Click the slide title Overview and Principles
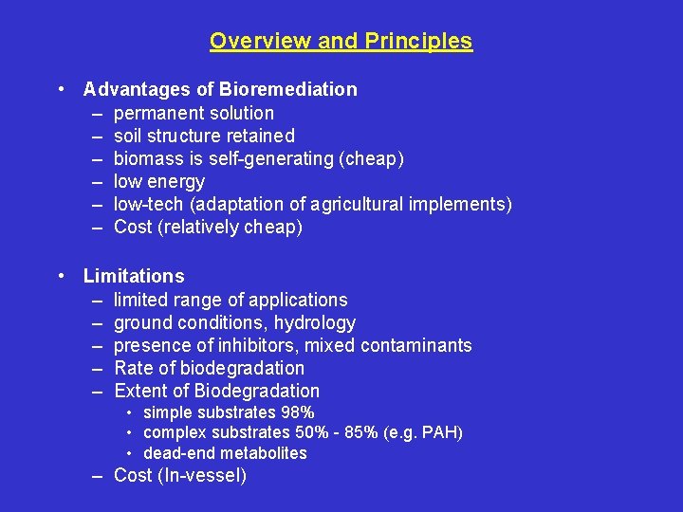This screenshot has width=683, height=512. [341, 42]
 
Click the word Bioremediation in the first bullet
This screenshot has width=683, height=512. [288, 90]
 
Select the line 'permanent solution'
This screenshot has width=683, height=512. [194, 113]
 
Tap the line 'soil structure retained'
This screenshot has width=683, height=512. [204, 136]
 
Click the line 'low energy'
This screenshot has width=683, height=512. [158, 181]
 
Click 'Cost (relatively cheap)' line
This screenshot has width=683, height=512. [208, 227]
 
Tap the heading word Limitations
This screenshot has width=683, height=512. [134, 277]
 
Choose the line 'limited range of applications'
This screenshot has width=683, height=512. [231, 300]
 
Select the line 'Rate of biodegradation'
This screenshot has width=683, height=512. [209, 368]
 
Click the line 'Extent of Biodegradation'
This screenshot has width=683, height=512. [216, 391]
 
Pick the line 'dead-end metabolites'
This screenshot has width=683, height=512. [225, 453]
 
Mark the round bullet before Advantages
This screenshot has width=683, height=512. [61, 90]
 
